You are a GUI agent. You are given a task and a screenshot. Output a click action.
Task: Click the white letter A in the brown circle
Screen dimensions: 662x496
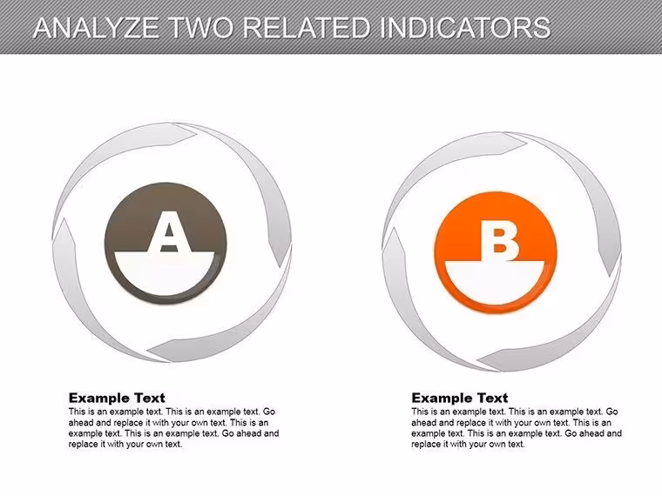pos(169,232)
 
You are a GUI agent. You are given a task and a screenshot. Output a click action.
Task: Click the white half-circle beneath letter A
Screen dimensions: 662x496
pos(165,273)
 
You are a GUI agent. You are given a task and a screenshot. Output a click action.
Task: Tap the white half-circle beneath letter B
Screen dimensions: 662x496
pos(495,282)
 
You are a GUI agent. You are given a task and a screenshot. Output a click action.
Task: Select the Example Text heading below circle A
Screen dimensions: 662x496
pos(117,398)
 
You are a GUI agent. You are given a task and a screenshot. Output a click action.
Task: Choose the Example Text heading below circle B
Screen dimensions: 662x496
pos(460,398)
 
